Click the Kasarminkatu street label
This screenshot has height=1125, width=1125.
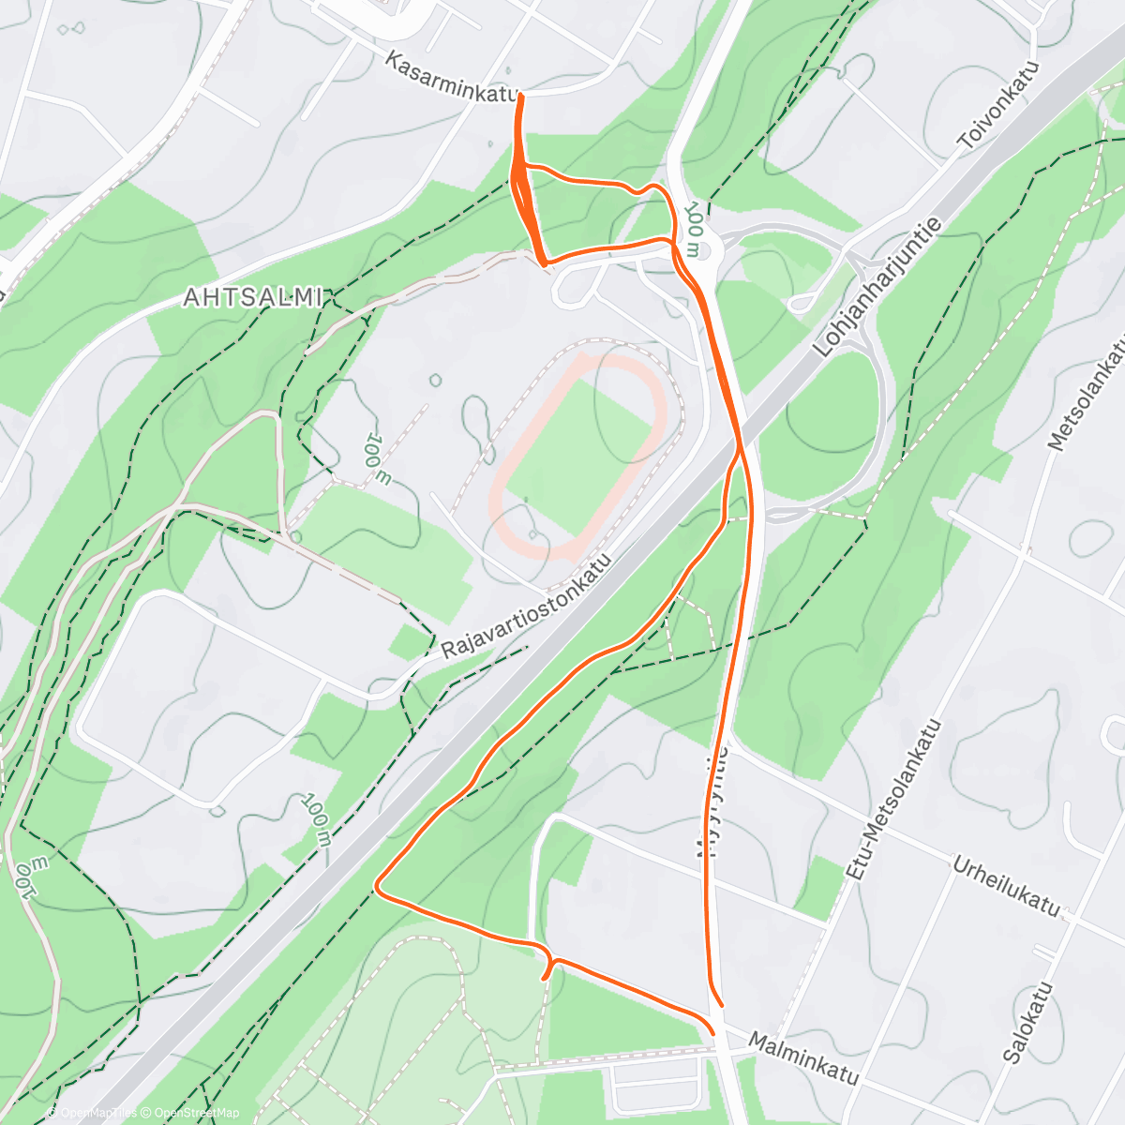click(452, 79)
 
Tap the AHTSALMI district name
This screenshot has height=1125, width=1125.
click(253, 298)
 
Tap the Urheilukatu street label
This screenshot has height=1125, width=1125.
click(1006, 886)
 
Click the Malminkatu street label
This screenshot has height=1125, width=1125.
click(804, 1057)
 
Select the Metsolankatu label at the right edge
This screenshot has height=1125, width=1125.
click(1087, 394)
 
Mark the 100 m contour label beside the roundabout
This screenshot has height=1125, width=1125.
click(692, 229)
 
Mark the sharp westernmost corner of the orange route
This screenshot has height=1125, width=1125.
click(377, 885)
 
